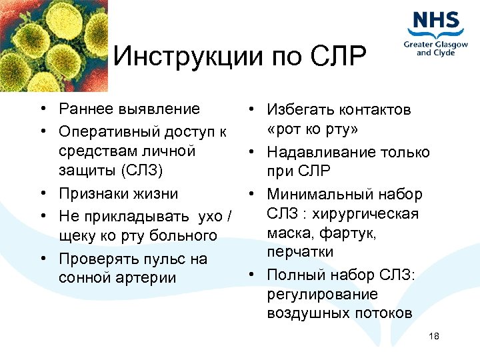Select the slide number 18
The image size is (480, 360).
435,336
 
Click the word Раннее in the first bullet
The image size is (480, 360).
82,109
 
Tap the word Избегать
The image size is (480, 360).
299,110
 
